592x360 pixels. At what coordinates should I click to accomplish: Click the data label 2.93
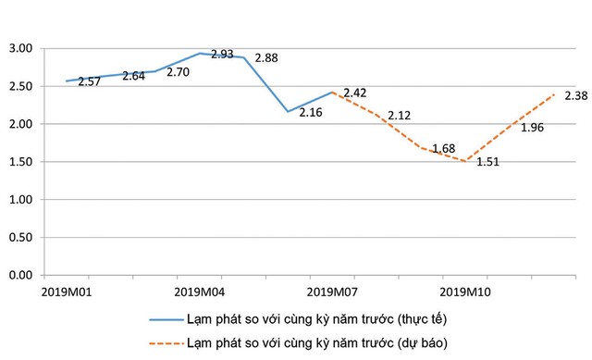pos(222,55)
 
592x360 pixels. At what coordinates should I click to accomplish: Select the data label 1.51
pos(488,171)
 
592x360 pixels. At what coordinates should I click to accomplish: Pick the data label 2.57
pos(90,82)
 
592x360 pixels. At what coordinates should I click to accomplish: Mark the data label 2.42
pos(355,93)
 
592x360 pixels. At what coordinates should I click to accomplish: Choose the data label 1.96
pos(532,128)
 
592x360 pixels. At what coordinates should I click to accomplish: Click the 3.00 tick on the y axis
pos(19,48)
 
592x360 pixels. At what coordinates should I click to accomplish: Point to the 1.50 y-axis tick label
pos(19,162)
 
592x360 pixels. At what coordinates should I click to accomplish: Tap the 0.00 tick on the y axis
pos(19,276)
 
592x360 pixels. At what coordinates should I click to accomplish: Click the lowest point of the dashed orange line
pos(468,161)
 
